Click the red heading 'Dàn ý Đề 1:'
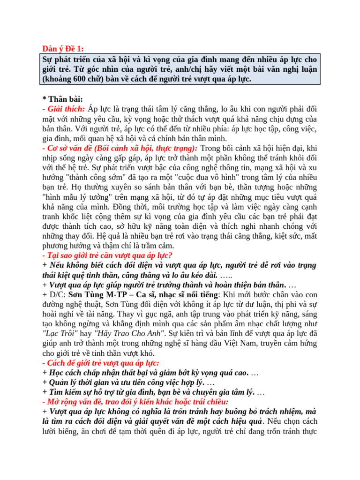coord(64,49)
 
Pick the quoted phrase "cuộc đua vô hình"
coord(212,178)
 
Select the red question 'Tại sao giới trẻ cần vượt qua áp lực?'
coord(107,255)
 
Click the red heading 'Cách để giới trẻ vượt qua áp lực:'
coord(100,363)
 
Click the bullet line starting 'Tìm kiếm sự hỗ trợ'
coord(150,392)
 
